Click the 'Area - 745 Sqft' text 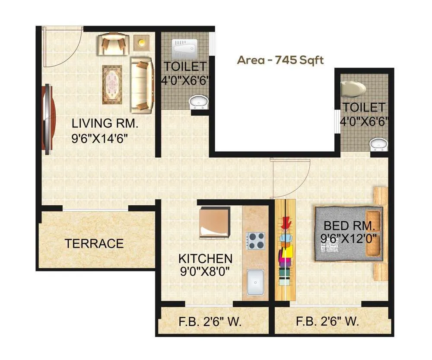click(x=280, y=60)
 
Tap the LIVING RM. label click(x=105, y=124)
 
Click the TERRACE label click(x=94, y=244)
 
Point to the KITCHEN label click(x=206, y=259)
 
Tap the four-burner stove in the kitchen click(x=256, y=241)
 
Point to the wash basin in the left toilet click(x=199, y=102)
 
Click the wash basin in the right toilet click(x=379, y=144)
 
